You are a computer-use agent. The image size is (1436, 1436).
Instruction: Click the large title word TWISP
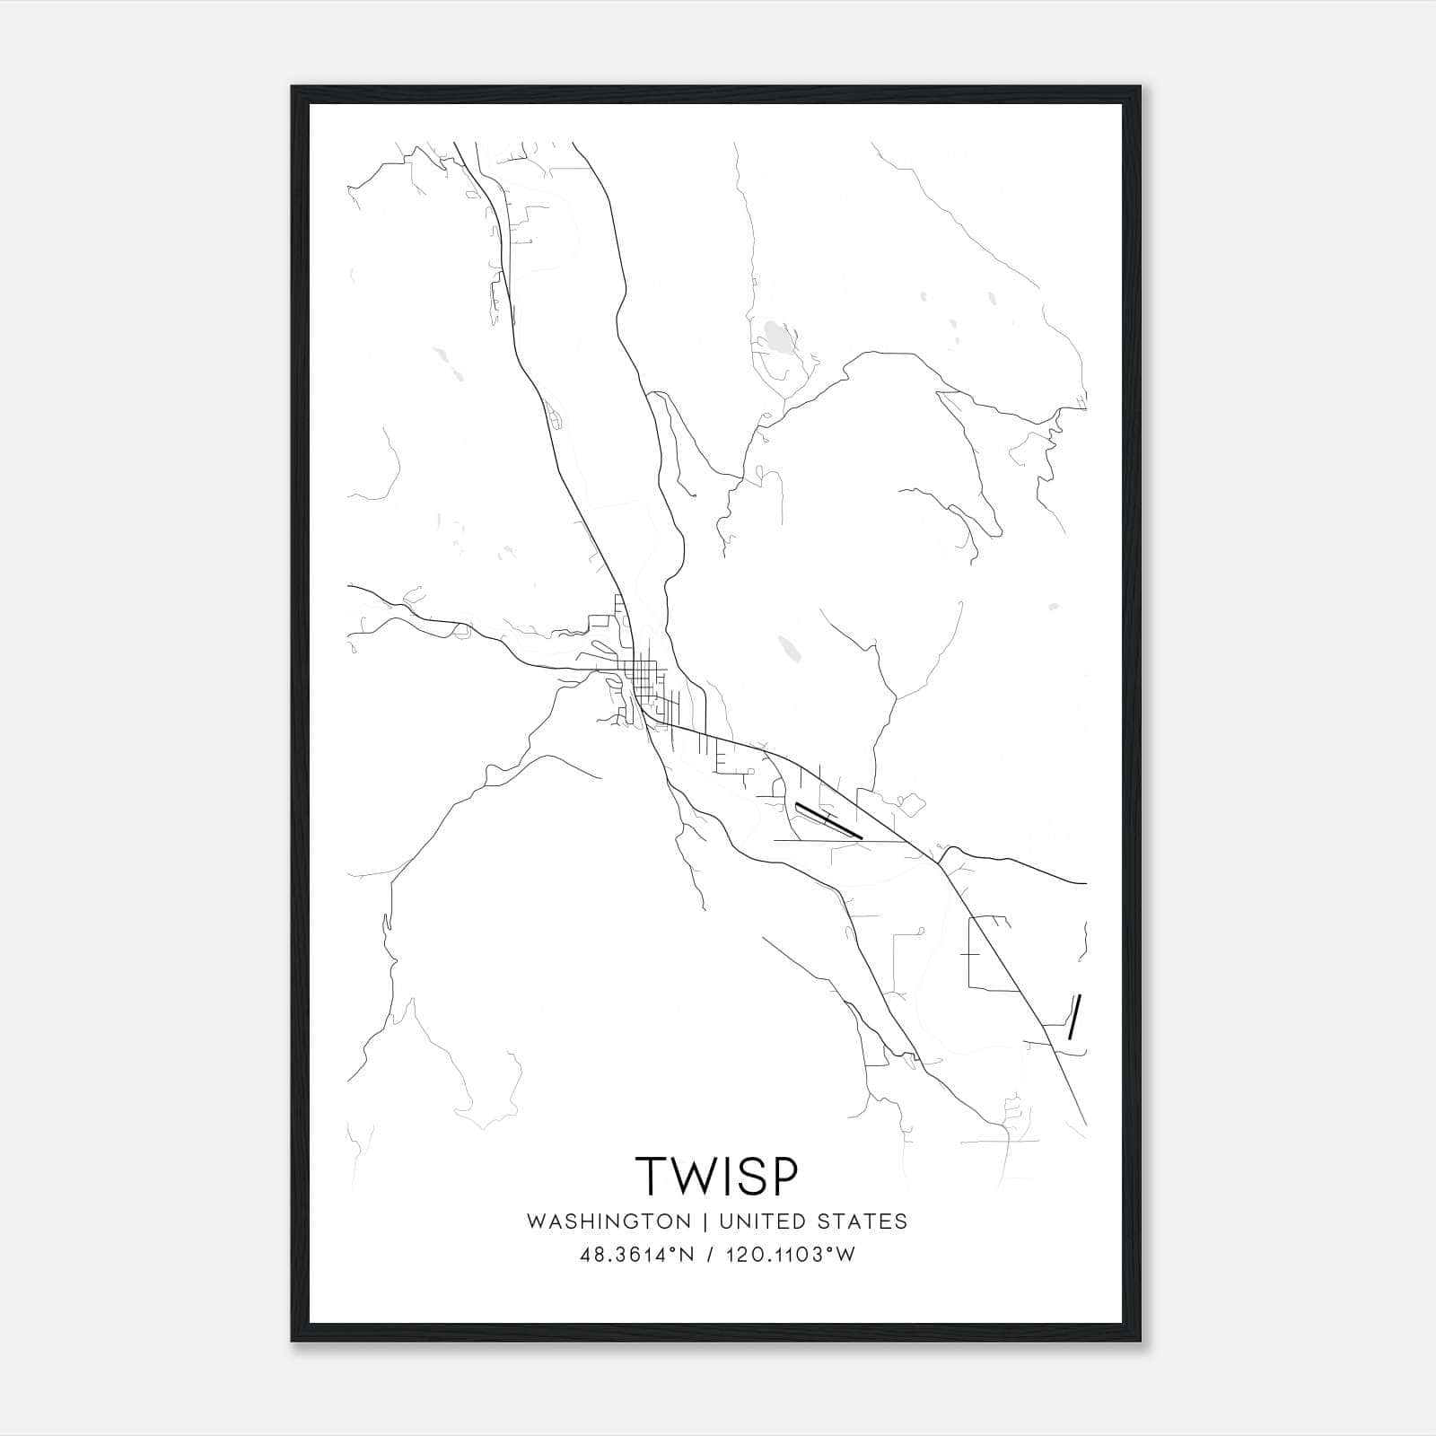[x=716, y=1175]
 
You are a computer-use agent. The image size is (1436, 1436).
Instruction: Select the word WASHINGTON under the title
[x=609, y=1221]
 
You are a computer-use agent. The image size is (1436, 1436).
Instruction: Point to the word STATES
[x=862, y=1221]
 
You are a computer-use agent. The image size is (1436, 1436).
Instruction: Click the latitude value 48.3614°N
[x=637, y=1255]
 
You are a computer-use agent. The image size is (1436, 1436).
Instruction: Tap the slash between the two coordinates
[x=711, y=1255]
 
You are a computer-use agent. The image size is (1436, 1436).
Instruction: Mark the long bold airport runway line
[x=828, y=820]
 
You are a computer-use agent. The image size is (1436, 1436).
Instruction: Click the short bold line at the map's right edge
[x=1074, y=1016]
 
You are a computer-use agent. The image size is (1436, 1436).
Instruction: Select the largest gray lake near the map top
[x=777, y=340]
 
